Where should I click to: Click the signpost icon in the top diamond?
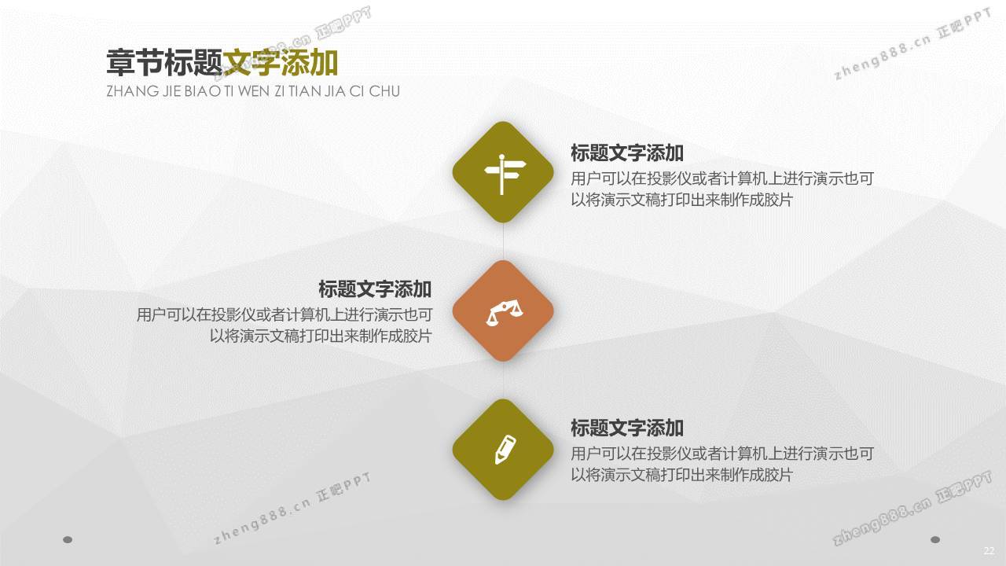tap(505, 174)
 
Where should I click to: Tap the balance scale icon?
tap(504, 314)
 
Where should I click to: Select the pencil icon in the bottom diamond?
tap(505, 449)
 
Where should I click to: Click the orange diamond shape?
tap(503, 311)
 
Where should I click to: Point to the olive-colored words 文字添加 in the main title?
tap(281, 63)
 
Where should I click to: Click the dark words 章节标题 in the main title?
tap(164, 63)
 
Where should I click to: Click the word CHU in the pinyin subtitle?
tap(384, 91)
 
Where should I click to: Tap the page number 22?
tap(989, 551)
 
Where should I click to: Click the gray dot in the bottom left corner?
tap(68, 539)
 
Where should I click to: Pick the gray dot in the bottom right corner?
tap(935, 539)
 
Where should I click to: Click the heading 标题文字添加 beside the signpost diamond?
tap(627, 153)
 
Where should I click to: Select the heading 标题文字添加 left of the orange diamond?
tap(375, 289)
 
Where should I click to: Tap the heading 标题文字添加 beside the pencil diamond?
tap(627, 428)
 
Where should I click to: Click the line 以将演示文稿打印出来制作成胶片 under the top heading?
tap(681, 200)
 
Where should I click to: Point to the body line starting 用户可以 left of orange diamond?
tap(285, 315)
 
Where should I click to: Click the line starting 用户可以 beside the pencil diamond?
tap(722, 454)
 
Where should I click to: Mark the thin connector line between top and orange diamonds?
tap(504, 241)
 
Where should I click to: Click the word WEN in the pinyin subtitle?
tap(253, 91)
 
